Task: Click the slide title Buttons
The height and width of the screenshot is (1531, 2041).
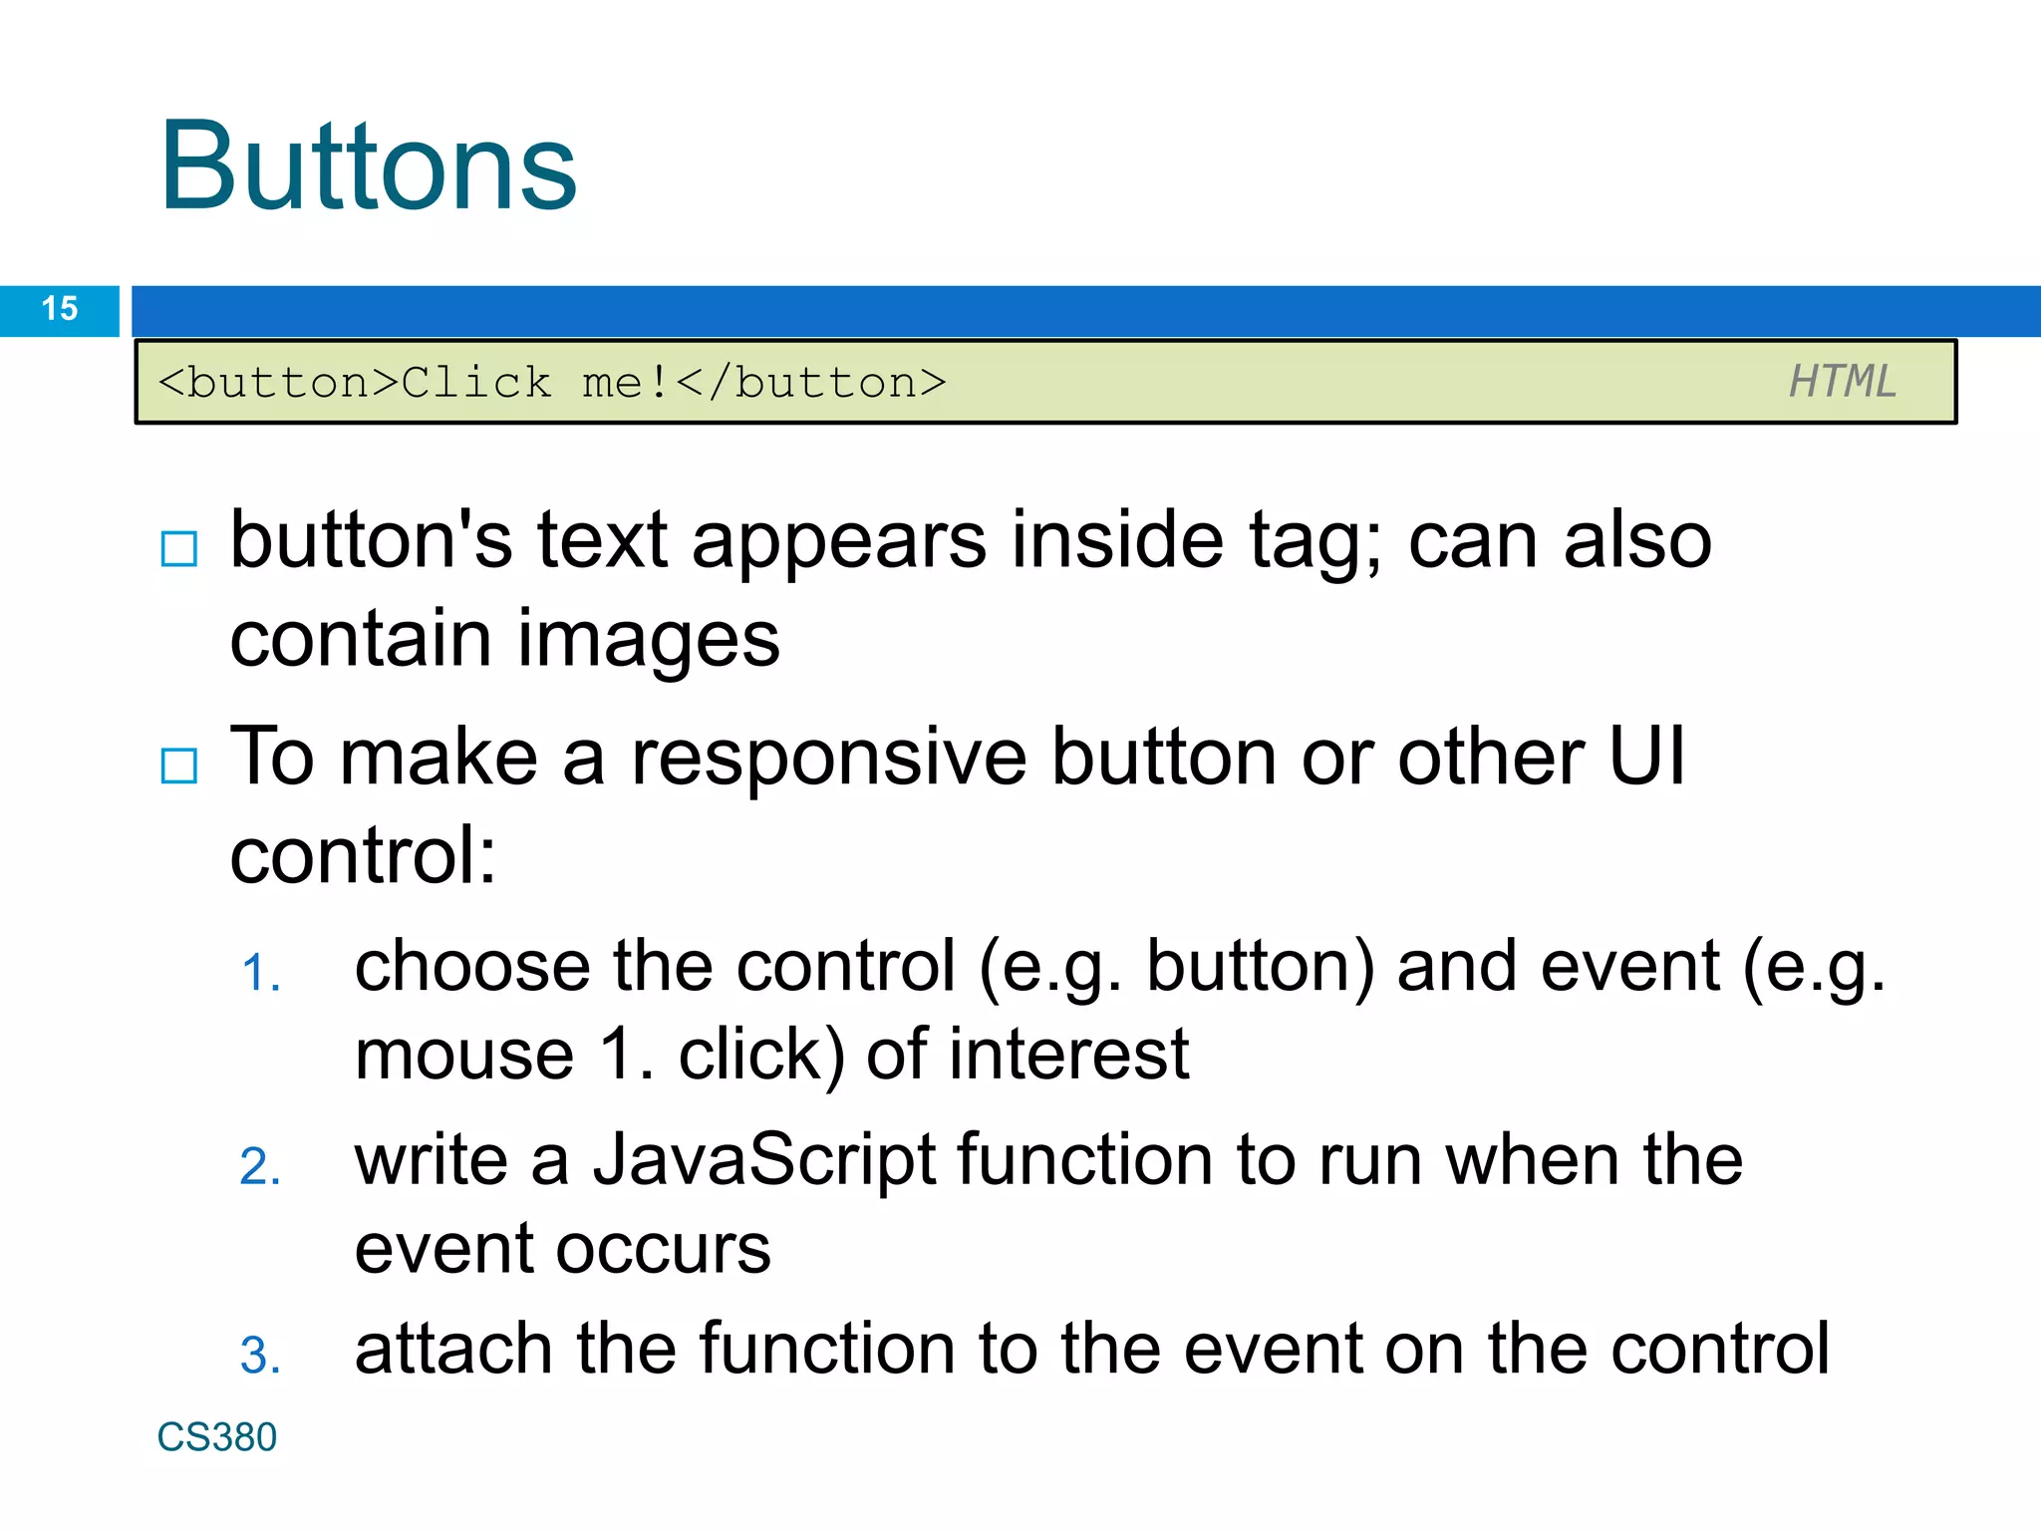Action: point(368,166)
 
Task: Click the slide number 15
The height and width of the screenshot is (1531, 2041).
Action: point(60,309)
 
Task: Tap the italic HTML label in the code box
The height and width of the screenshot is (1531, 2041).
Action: point(1842,382)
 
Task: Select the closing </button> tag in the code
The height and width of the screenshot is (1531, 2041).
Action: point(811,383)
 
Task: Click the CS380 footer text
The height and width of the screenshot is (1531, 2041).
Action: point(216,1437)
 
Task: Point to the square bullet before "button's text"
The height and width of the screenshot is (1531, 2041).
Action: point(179,548)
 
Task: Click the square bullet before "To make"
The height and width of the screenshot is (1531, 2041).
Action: point(179,765)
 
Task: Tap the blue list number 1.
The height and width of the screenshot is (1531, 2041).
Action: point(260,974)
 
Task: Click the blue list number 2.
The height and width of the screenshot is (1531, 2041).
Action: point(260,1167)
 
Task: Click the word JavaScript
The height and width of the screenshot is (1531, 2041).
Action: point(764,1161)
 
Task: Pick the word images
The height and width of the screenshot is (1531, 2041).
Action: point(648,639)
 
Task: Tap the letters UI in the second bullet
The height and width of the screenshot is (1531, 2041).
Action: point(1646,758)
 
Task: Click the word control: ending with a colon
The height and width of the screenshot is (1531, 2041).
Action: point(363,856)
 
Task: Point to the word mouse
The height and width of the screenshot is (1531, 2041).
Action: point(464,1056)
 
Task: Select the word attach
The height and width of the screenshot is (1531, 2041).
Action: point(453,1349)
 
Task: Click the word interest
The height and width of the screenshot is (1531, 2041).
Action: point(1068,1056)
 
